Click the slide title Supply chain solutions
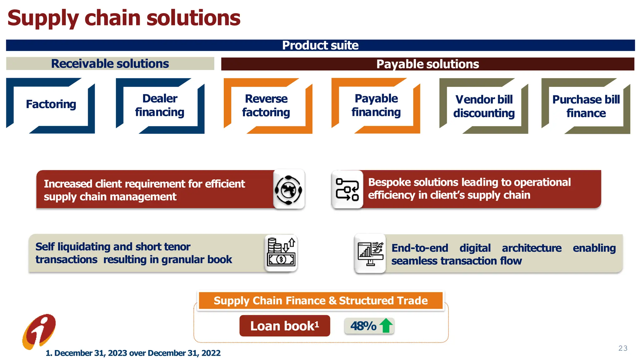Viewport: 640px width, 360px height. click(124, 18)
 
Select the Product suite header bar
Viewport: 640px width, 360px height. click(320, 45)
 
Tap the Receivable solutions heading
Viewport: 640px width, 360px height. click(110, 64)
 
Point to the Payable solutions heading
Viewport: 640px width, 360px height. click(427, 64)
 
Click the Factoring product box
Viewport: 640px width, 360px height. click(51, 105)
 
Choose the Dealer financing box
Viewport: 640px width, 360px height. click(160, 105)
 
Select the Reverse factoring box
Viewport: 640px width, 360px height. click(266, 106)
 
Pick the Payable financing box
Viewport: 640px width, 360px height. click(376, 105)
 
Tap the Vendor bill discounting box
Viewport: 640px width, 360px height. click(484, 106)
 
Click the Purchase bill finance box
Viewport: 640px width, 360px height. click(586, 106)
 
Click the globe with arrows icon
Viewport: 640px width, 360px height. click(288, 190)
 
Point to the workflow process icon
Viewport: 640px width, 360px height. click(347, 189)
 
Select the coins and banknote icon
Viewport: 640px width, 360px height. click(281, 253)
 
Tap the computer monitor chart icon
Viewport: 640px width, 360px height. click(370, 253)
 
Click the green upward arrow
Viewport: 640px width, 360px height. click(386, 326)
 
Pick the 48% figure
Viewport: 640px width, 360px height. click(363, 326)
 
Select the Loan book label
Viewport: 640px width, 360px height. click(285, 326)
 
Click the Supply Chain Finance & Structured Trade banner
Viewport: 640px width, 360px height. click(321, 301)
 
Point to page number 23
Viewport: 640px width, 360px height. click(622, 348)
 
